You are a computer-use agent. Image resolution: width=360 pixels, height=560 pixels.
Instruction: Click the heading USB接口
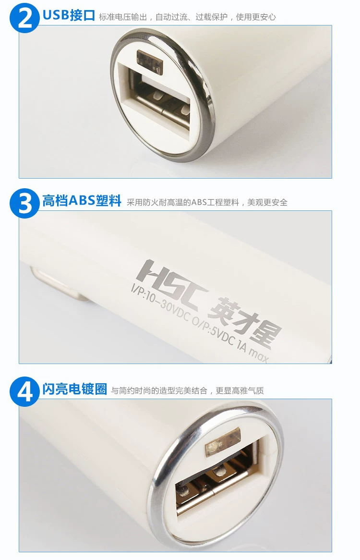[x=69, y=15]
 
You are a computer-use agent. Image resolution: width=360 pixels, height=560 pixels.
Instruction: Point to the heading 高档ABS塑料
[x=82, y=201]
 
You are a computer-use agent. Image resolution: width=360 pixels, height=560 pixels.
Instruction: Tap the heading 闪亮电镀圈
[x=74, y=389]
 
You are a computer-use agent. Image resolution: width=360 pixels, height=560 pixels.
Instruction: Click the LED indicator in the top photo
[x=150, y=61]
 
